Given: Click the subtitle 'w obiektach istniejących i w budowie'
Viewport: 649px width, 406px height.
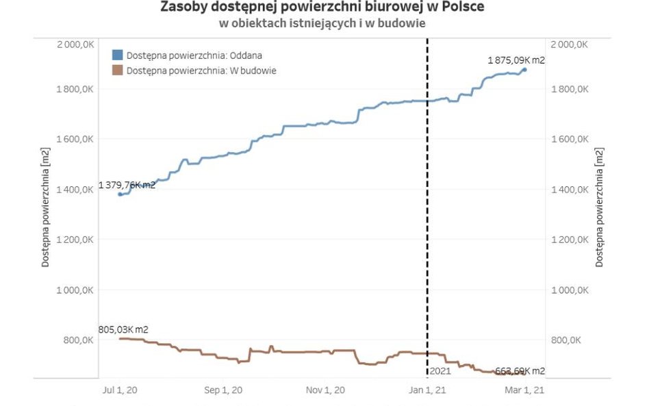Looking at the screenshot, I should [322, 23].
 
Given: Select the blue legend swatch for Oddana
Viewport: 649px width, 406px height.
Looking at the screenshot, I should [117, 55].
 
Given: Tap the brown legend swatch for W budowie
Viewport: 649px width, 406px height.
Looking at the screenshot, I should [117, 70].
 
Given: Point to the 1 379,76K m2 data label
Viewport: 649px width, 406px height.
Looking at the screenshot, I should [127, 185].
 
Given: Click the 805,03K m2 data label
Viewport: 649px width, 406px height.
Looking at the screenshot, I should [123, 329].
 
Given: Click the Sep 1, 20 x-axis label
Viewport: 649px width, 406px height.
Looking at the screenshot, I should [223, 390].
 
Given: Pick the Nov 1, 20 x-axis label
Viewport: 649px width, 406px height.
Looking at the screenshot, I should [325, 390].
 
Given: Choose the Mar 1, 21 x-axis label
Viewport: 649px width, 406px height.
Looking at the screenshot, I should [526, 390].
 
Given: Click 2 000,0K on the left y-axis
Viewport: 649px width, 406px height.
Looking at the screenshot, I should [75, 44].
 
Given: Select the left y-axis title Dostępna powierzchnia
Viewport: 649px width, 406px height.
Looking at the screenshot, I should [45, 207].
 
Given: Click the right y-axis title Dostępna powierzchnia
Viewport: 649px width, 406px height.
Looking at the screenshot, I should [600, 207].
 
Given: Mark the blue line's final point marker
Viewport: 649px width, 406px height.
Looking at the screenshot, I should [524, 70].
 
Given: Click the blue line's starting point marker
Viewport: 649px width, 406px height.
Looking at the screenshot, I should [120, 194].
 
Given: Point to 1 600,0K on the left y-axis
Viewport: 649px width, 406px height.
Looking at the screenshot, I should [75, 139].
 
